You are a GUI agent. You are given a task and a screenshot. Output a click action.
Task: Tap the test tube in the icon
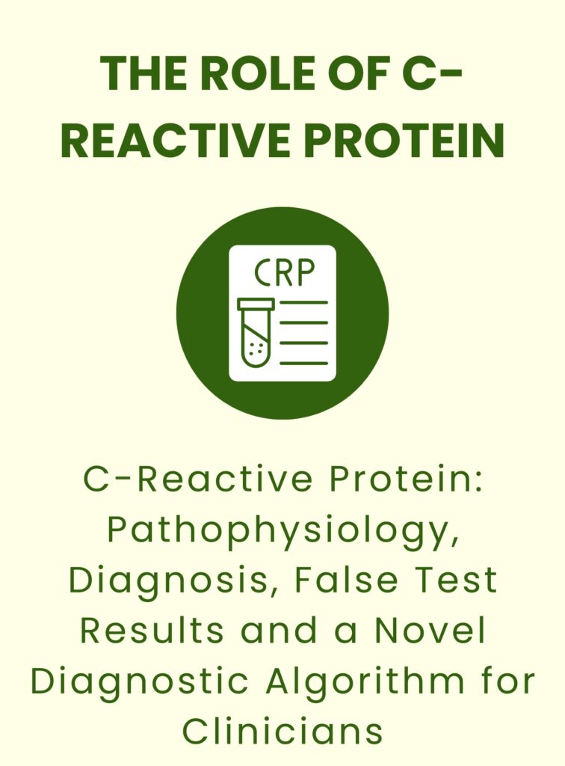click(x=256, y=333)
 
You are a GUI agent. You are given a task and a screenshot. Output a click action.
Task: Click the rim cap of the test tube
click(x=256, y=304)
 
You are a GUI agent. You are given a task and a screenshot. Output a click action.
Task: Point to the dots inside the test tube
click(x=256, y=348)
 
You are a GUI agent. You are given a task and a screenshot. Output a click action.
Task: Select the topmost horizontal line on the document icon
click(x=303, y=302)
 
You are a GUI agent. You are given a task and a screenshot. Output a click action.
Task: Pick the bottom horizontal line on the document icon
click(x=303, y=363)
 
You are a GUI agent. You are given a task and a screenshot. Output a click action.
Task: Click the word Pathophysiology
click(x=283, y=532)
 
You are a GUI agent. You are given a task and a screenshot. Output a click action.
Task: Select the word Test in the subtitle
click(x=453, y=580)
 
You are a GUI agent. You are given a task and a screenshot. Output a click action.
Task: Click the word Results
click(x=152, y=630)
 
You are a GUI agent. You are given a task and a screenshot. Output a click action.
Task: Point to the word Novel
click(x=430, y=630)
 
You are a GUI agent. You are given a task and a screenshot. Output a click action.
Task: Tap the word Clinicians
click(x=283, y=732)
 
